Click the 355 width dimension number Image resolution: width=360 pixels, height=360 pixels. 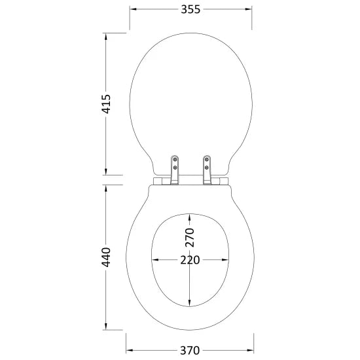click(190, 9)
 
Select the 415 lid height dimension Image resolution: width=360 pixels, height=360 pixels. click(106, 104)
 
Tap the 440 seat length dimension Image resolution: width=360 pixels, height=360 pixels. click(106, 257)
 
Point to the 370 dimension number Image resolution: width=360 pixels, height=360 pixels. click(190, 350)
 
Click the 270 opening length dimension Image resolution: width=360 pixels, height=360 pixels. click(190, 238)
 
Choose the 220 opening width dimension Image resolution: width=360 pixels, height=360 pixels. click(190, 260)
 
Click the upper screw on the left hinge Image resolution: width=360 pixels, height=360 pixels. click(175, 159)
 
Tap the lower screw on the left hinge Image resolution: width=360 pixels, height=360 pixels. click(175, 168)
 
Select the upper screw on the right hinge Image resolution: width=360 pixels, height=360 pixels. click(207, 159)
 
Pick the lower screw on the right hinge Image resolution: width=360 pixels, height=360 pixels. click(207, 168)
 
